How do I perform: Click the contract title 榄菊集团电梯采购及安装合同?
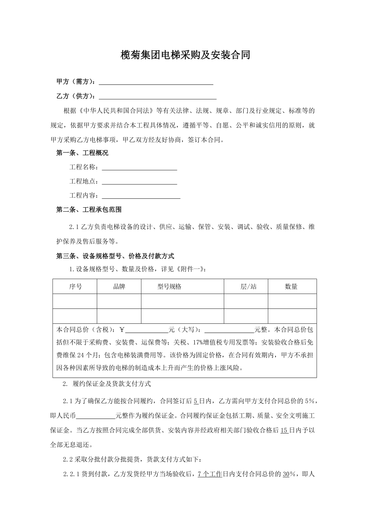pos(185,55)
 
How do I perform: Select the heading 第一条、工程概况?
pos(82,153)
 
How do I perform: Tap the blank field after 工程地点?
pos(139,182)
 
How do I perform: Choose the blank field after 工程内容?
pos(141,196)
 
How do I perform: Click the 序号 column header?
pos(75,287)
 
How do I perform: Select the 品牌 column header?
pos(119,287)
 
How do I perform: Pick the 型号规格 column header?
pos(169,287)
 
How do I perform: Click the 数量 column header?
pos(291,287)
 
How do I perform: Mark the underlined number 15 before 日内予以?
pos(284,430)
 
